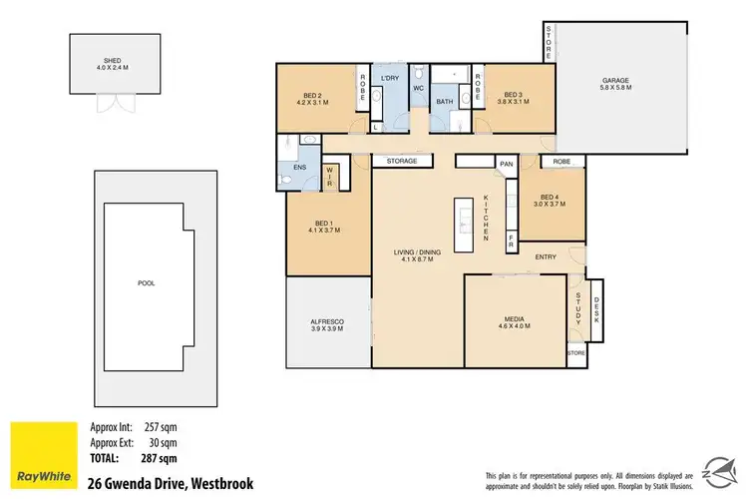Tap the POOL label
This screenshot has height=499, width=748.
(x=146, y=282)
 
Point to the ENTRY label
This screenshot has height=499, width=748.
(x=546, y=257)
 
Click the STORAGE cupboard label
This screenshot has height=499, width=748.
(x=402, y=161)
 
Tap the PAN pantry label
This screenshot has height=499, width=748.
(x=507, y=164)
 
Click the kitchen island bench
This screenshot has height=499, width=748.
(x=463, y=224)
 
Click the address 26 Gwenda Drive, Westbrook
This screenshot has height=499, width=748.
(x=170, y=484)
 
